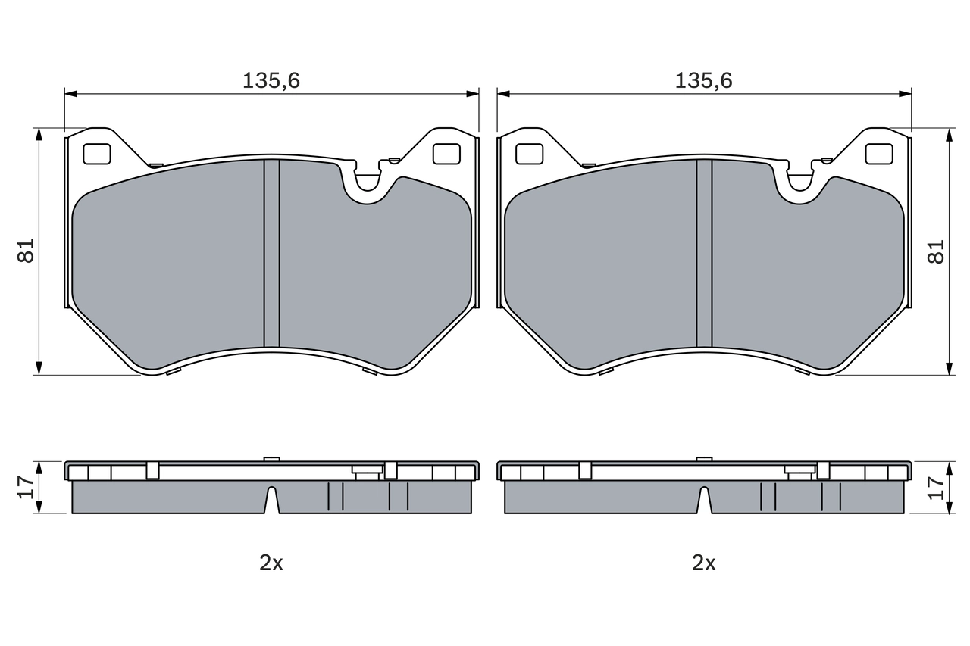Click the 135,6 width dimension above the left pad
271,80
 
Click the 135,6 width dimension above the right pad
704,80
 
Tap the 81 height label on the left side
27,251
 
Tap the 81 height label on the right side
937,251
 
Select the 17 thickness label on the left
25,486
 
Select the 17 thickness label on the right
937,486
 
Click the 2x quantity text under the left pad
271,563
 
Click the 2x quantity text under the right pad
704,563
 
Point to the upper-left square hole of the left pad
96,154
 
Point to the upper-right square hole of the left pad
446,154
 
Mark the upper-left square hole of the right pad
529,154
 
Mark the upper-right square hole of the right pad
879,154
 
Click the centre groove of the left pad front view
271,254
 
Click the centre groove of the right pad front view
704,254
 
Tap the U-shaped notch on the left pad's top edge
368,183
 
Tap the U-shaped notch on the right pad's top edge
801,183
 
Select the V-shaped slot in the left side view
271,501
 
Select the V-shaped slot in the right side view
704,501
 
